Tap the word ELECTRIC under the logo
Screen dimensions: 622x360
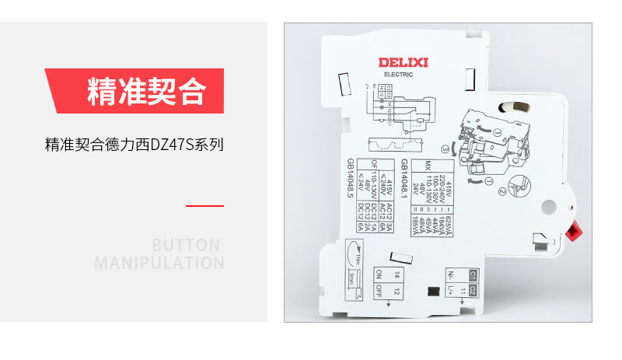pos(404,75)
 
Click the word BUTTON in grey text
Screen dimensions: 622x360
pos(187,245)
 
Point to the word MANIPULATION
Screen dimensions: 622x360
pos(159,263)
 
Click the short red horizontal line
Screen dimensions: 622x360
pos(204,206)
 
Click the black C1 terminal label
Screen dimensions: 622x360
pos(473,275)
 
